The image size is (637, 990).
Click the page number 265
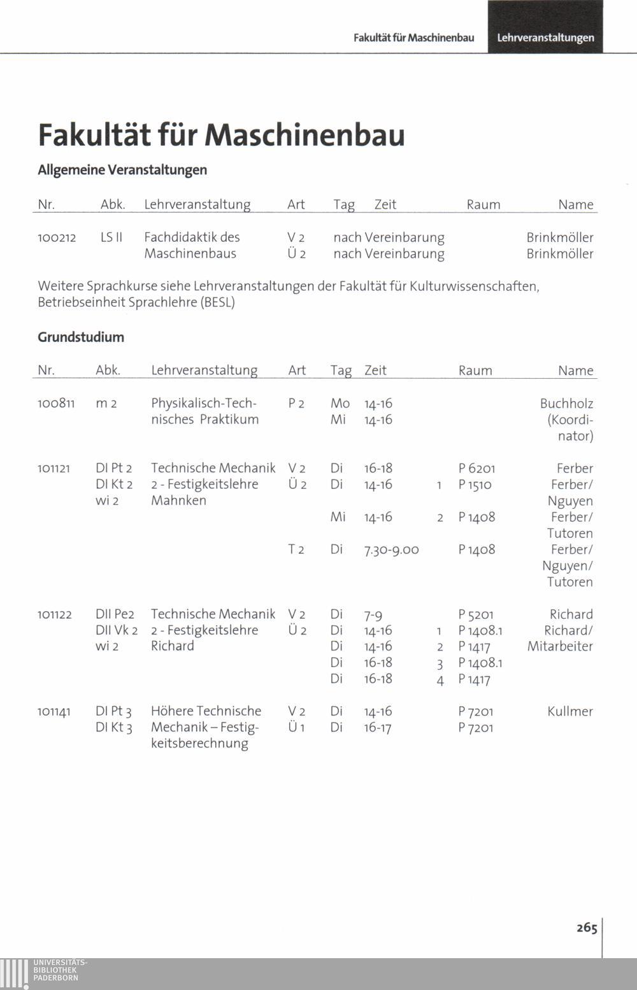coord(587,928)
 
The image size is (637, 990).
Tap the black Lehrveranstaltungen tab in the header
coord(545,38)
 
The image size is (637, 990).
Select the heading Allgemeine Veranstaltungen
coord(122,170)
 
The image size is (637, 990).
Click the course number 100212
coord(57,237)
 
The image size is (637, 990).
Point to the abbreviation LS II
coord(111,237)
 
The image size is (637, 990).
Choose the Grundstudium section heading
coord(81,337)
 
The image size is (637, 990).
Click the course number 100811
coord(56,404)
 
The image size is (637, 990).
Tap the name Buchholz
coord(566,404)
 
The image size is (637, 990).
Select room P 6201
coord(476,469)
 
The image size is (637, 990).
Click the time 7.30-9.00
coord(391,549)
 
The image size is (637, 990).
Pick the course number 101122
coord(54,614)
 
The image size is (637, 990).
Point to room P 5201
coord(476,614)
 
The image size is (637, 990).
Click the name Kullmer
coord(569,711)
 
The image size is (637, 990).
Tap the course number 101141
coord(54,711)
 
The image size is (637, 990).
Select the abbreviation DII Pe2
coord(115,614)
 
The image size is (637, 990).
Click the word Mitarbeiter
coord(560,646)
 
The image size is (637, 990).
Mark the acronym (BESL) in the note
coord(218,302)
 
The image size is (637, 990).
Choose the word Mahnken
coord(178,500)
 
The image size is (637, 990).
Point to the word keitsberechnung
coord(199,743)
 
